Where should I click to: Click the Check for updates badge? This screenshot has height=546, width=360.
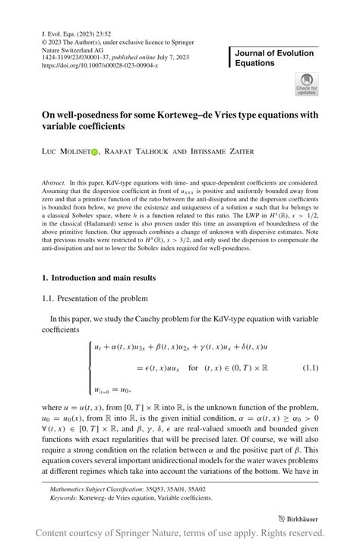click(306, 84)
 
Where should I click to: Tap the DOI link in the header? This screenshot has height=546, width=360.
click(100, 66)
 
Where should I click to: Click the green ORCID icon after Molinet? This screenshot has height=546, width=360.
click(95, 152)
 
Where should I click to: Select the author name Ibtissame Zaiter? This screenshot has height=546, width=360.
click(219, 152)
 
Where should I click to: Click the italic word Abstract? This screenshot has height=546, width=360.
click(53, 184)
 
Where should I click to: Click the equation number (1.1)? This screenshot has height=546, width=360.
click(311, 368)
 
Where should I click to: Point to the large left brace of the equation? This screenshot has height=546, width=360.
click(92, 369)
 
